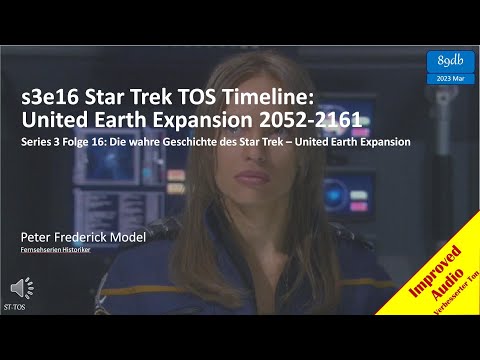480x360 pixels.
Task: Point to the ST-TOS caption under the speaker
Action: tap(16, 309)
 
